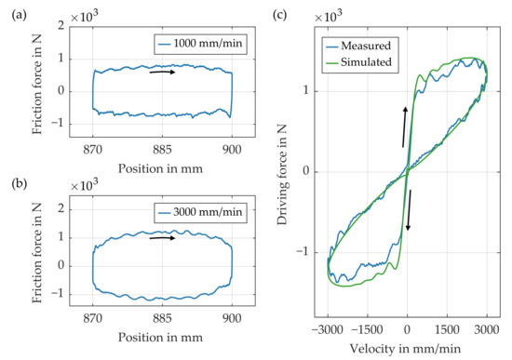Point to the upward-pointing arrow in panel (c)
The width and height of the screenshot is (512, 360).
[405, 127]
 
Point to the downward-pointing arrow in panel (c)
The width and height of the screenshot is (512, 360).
[408, 211]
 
